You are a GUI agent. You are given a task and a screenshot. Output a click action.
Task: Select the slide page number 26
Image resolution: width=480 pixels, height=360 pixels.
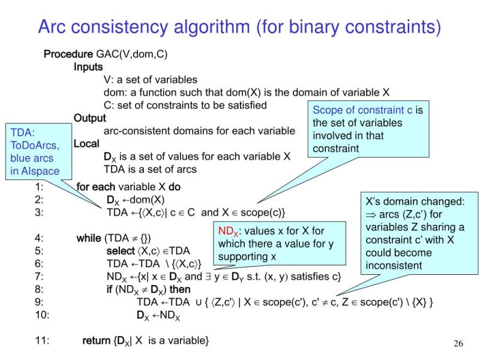(458, 344)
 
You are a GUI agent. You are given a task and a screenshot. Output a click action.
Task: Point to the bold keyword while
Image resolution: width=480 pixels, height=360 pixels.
(89, 238)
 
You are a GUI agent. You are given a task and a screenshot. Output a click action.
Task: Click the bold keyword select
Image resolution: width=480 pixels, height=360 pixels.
(121, 251)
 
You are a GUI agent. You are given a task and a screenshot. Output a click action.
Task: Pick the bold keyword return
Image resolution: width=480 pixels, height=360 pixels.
(96, 341)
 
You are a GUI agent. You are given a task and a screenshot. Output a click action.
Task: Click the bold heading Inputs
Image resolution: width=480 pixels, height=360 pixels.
(88, 67)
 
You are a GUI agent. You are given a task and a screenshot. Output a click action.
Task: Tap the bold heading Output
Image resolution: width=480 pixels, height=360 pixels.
(89, 118)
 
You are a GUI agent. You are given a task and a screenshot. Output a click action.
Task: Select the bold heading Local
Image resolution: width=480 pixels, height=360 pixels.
(86, 144)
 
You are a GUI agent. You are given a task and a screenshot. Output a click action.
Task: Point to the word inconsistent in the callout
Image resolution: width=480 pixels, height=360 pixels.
(394, 265)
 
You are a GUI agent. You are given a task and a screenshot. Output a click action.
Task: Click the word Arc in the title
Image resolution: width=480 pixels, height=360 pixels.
(58, 27)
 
